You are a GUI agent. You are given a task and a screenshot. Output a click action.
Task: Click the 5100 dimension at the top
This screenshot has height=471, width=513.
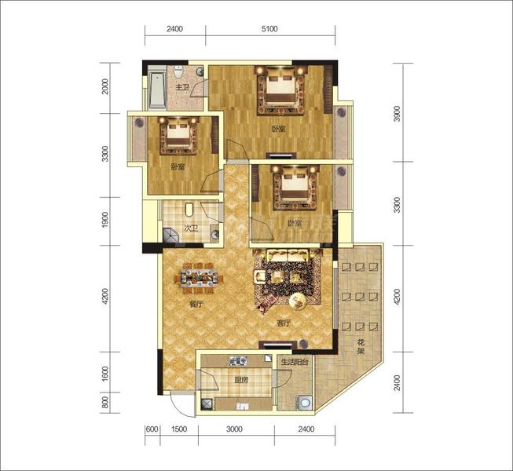[269, 29]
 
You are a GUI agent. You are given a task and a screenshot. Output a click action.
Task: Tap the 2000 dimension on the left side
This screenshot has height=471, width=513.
[105, 86]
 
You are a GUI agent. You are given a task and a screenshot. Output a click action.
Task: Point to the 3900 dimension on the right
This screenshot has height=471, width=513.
[397, 113]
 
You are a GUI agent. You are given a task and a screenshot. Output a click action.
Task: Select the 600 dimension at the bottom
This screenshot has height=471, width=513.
[152, 429]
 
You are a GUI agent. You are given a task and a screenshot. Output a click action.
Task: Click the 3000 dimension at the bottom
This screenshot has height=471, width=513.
[235, 429]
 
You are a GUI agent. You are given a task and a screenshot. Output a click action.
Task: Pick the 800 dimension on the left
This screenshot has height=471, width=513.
[105, 403]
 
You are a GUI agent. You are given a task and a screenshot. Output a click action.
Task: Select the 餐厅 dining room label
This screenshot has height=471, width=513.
[196, 304]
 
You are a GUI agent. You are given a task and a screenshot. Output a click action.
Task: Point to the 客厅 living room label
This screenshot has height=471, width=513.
[284, 323]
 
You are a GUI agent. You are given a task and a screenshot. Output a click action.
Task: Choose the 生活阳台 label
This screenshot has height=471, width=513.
[295, 362]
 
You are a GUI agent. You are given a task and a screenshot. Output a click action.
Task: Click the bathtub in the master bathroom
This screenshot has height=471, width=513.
[157, 90]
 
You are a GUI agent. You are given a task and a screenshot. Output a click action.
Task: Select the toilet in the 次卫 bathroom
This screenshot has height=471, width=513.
[189, 210]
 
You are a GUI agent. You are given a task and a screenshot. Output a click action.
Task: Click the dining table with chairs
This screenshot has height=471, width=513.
[199, 278]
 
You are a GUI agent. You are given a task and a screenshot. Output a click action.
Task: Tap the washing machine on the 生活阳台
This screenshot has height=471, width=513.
[305, 403]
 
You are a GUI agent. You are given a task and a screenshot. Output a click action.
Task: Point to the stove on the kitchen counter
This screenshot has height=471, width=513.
[238, 361]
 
